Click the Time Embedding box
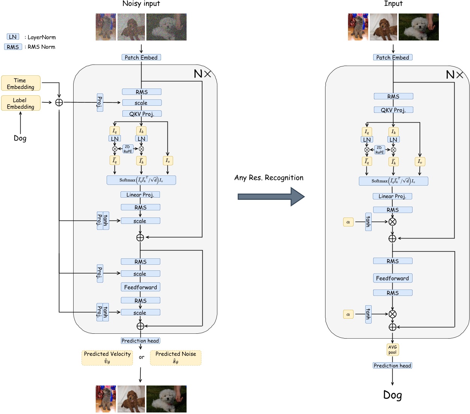click(x=21, y=83)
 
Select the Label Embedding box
click(x=21, y=103)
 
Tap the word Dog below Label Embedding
click(x=20, y=138)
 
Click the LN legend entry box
click(x=13, y=37)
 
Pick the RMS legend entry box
click(x=13, y=47)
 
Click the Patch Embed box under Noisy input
click(x=141, y=57)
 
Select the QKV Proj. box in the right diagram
click(x=393, y=110)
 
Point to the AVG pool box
click(x=392, y=349)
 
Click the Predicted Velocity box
click(x=107, y=358)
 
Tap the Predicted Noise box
click(x=176, y=358)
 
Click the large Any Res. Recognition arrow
click(x=270, y=196)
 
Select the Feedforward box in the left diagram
click(x=140, y=287)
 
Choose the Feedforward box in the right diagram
click(x=392, y=278)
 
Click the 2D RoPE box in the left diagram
click(x=128, y=149)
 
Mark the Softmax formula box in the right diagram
click(x=393, y=181)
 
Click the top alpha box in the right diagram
click(x=348, y=222)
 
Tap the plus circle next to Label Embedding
click(x=59, y=102)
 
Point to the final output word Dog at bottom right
click(x=392, y=395)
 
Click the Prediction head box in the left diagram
click(x=140, y=340)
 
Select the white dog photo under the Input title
click(x=418, y=27)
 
